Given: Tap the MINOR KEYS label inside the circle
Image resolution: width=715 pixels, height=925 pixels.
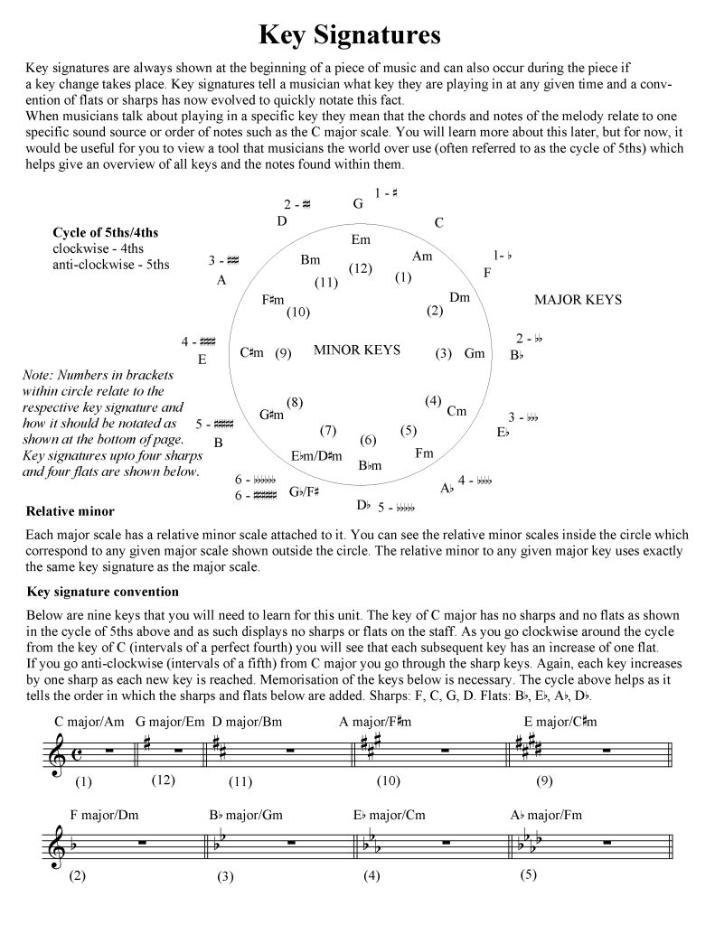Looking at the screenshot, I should [356, 350].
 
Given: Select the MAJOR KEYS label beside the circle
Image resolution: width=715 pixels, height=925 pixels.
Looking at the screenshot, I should [579, 300].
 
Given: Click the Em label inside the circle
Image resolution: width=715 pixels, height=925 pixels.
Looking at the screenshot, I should [361, 240].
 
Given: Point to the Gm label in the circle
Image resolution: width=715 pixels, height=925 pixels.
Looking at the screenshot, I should [475, 353].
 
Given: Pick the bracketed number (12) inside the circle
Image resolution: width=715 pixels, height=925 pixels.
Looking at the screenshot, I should [360, 268].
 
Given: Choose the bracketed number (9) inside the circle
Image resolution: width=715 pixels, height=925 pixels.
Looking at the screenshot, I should [283, 353].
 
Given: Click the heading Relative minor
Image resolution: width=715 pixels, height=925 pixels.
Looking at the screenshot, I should [71, 511].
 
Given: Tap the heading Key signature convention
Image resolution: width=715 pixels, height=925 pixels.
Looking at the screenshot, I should [103, 592].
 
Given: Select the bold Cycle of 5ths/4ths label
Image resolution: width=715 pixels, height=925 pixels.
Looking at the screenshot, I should [106, 232].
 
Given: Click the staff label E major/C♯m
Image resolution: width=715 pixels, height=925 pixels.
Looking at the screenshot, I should [560, 721].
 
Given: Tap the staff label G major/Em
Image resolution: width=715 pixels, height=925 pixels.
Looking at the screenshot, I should [169, 721].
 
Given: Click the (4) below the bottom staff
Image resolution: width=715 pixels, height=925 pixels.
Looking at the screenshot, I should [372, 875].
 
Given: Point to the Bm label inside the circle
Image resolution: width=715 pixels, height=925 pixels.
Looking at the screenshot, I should [310, 260].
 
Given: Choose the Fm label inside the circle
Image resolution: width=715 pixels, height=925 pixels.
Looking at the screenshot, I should [424, 453].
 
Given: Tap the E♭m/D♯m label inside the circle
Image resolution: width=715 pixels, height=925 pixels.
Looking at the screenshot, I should [316, 456].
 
